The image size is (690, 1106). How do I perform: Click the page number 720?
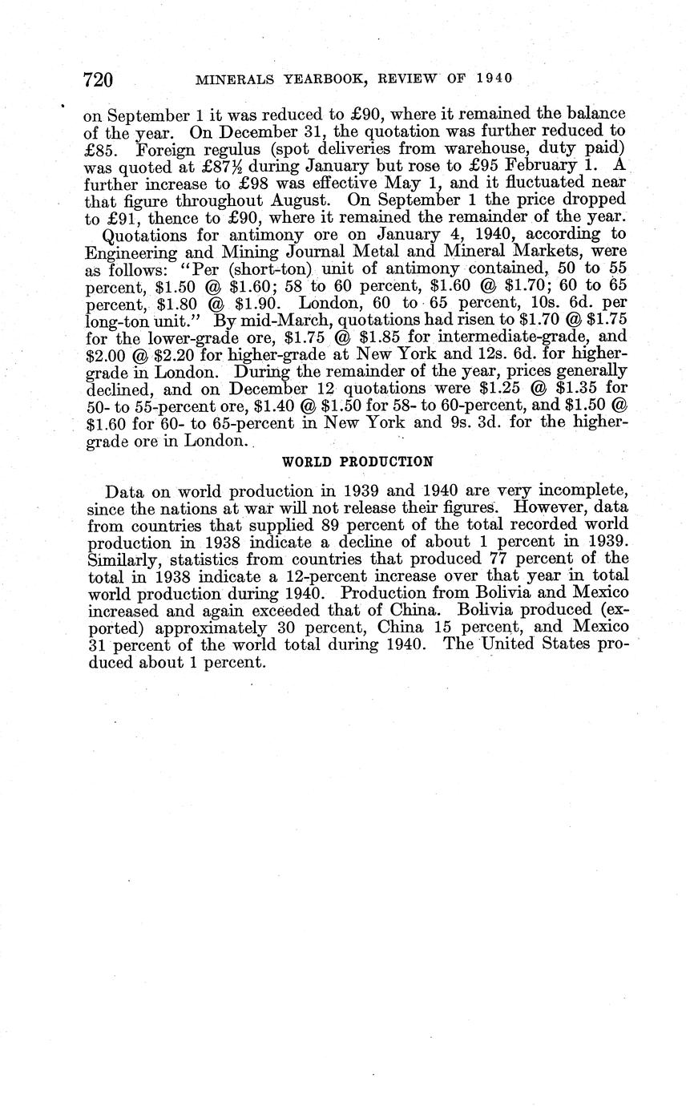[99, 79]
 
